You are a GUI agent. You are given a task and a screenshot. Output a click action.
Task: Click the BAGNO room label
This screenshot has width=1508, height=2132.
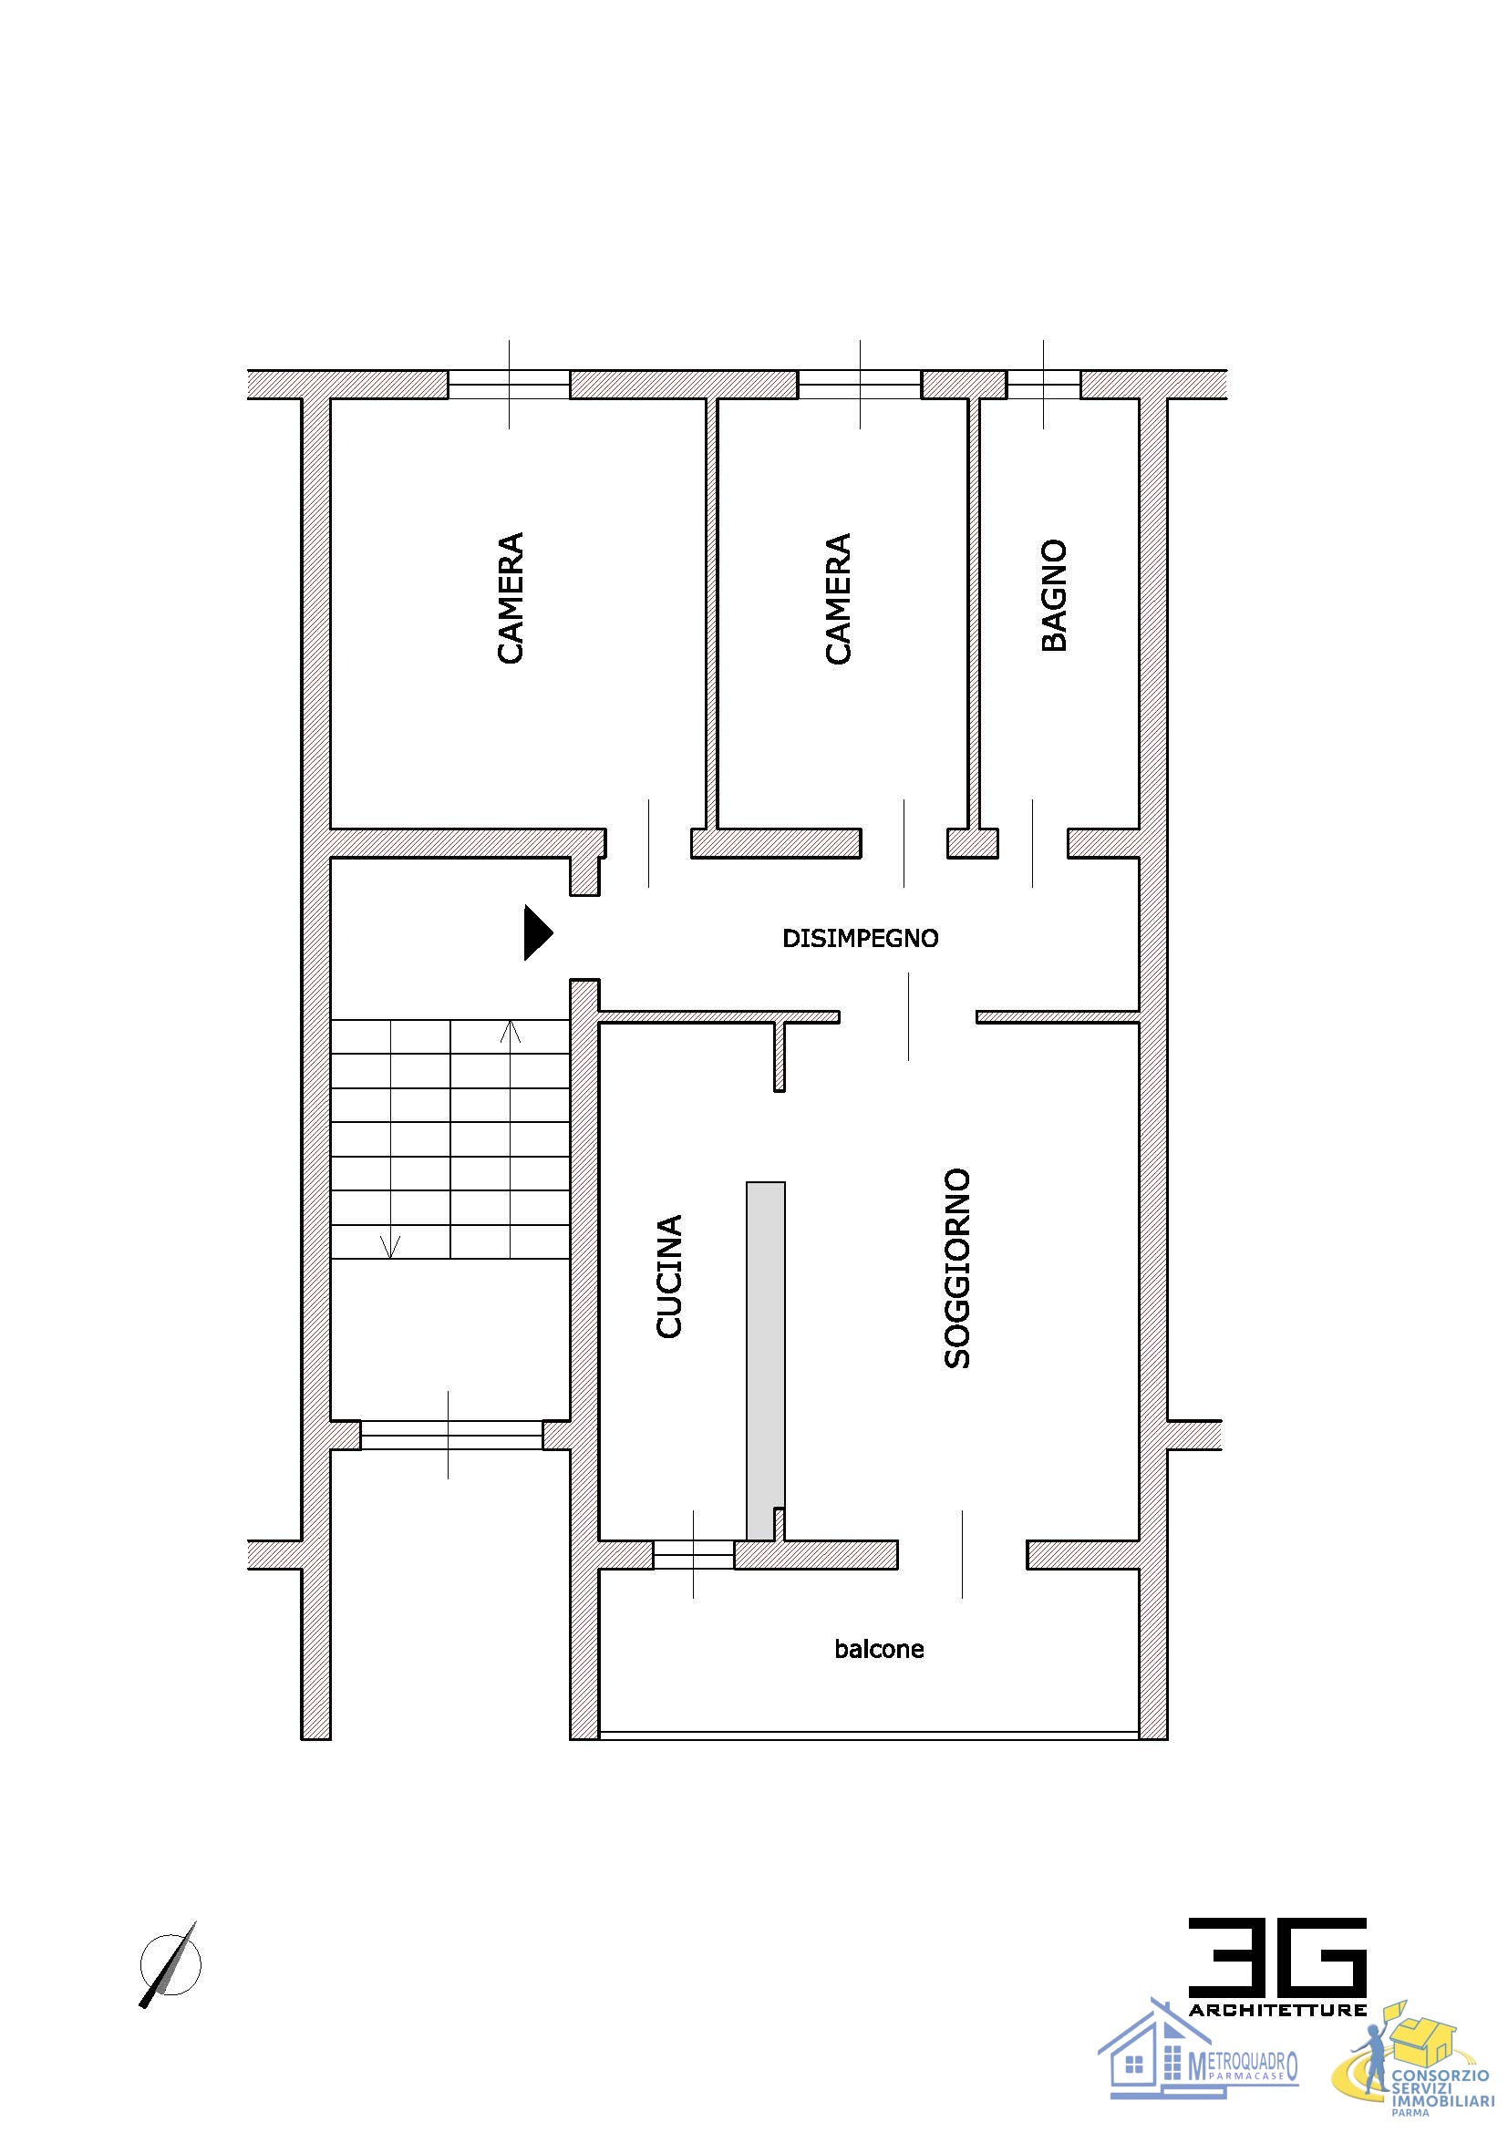coord(1054,595)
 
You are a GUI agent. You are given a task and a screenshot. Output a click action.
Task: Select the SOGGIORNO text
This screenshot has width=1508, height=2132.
coord(956,1269)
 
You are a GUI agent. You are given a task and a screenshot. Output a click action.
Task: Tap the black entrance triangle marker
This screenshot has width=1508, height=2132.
coord(538,932)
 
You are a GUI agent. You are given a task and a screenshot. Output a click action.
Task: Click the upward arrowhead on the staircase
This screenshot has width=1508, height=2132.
coord(511,1031)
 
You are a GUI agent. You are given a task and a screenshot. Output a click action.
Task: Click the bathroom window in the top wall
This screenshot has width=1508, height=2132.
coord(1044,385)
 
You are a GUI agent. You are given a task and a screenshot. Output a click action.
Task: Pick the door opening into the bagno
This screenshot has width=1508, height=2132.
coord(1033,843)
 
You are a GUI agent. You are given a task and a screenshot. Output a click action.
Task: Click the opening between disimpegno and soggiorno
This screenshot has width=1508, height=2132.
coord(908,1017)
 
